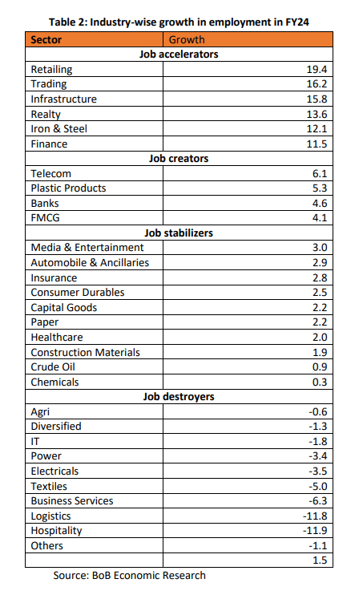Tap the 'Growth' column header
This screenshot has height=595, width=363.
[x=187, y=39]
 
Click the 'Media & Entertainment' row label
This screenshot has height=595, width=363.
[x=87, y=248]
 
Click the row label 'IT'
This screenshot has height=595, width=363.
[x=35, y=442]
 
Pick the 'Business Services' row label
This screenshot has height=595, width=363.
[x=72, y=501]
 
